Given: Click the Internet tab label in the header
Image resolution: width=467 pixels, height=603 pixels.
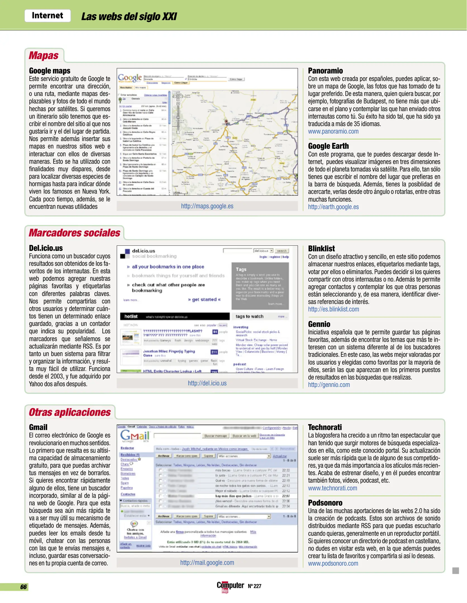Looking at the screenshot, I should click(x=47, y=15).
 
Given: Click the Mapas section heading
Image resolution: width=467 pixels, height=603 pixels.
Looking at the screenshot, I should click(x=44, y=56).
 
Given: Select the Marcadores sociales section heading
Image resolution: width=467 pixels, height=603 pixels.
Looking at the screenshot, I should click(x=75, y=233).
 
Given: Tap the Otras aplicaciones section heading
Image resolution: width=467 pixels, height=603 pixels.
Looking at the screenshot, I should click(x=70, y=412).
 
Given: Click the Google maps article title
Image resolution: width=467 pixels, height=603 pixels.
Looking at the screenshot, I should click(x=50, y=71).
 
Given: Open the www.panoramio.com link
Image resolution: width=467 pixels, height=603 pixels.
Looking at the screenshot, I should click(x=333, y=131).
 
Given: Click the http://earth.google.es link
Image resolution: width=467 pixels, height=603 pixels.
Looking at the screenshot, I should click(x=333, y=207).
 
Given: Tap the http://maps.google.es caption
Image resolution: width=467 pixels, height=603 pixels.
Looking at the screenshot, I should click(x=207, y=206).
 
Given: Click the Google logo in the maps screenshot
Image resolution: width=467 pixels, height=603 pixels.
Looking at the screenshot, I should click(x=130, y=78).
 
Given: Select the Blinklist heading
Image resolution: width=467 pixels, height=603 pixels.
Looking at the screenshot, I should click(x=321, y=248).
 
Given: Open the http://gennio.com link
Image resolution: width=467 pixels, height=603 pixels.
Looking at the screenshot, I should click(x=329, y=385).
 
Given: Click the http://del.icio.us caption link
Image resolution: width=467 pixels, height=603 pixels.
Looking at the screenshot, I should click(x=207, y=383).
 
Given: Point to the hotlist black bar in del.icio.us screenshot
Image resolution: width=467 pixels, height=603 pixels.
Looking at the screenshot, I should click(x=175, y=316).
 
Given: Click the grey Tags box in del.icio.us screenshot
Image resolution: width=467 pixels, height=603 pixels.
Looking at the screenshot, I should click(x=260, y=286).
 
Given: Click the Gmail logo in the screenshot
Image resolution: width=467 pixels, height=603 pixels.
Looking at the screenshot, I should click(x=135, y=436).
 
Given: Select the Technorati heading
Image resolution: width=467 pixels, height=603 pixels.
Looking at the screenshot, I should click(x=325, y=427).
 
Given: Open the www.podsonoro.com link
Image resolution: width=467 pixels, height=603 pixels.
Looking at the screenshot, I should click(x=333, y=563).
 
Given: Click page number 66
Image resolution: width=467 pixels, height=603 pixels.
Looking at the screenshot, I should click(x=23, y=587).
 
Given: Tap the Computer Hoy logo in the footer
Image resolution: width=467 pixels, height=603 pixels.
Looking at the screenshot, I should click(x=230, y=586).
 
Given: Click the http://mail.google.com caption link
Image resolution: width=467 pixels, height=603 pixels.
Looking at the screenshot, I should click(x=207, y=563).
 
